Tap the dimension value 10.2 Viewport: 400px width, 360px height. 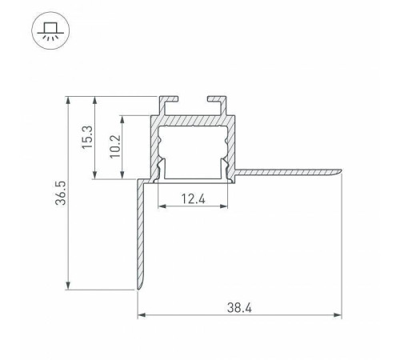pos(114,148)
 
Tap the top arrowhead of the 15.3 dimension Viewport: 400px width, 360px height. pos(96,102)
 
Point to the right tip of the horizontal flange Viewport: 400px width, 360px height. pos(339,171)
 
